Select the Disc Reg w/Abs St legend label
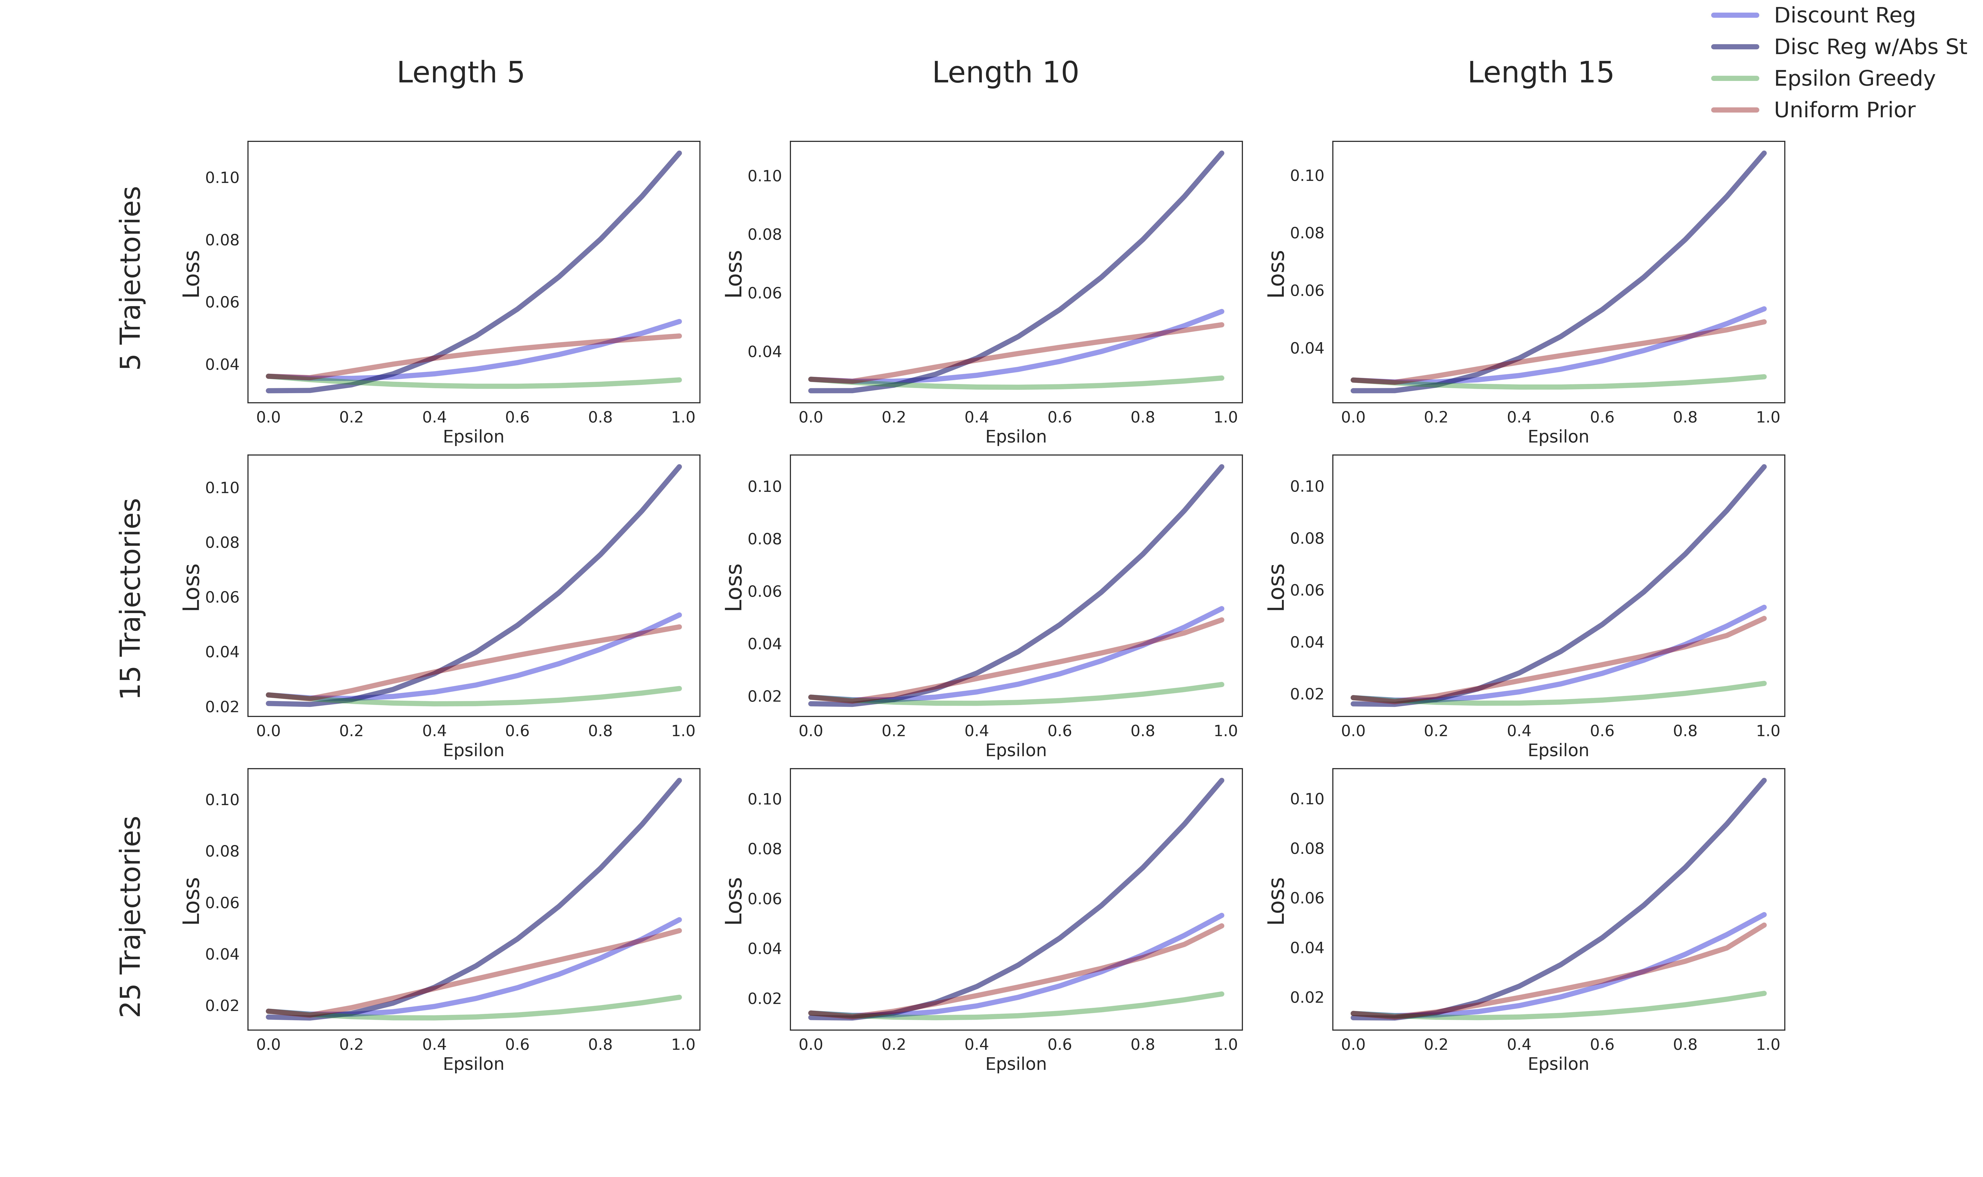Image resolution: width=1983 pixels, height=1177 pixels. [1870, 47]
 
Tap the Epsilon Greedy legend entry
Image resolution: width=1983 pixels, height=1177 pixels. [1854, 78]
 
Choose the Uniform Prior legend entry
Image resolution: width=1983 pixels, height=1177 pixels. [1843, 110]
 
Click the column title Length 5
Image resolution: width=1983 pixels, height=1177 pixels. [460, 72]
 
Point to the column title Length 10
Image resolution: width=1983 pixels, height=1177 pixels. [1005, 72]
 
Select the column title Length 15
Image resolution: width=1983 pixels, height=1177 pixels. [1540, 72]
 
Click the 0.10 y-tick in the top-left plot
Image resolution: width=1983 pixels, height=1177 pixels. [222, 178]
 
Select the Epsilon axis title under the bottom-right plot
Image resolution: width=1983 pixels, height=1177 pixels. [1558, 1064]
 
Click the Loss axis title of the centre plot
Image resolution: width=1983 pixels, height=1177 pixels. [734, 587]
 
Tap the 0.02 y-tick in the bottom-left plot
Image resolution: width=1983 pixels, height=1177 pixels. [222, 1006]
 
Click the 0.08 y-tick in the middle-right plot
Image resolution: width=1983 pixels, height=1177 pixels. [1306, 539]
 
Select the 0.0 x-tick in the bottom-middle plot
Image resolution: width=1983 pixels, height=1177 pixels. [811, 1045]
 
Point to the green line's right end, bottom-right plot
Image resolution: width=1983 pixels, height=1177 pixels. [1764, 993]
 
